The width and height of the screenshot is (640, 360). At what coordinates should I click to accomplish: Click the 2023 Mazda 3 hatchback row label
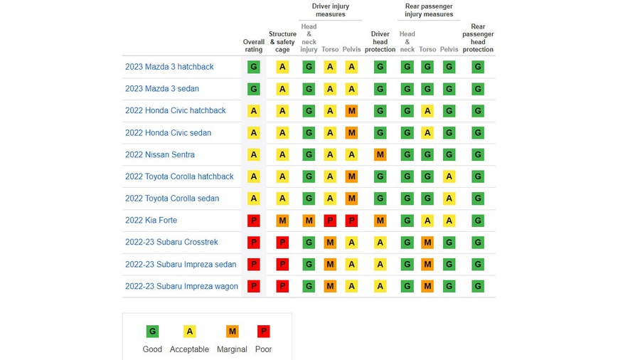pos(169,67)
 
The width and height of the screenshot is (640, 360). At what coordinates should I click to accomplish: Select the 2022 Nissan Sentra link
pos(160,154)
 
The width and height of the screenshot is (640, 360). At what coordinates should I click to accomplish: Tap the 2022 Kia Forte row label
pos(151,221)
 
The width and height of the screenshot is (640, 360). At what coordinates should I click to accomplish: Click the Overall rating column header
pos(254,46)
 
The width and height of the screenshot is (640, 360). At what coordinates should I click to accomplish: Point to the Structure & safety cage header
pos(282,42)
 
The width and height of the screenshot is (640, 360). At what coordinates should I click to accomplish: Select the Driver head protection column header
pos(380,42)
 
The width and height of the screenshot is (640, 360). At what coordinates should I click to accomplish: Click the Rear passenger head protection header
pos(478,38)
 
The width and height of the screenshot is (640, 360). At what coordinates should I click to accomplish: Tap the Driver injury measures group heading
pos(331,10)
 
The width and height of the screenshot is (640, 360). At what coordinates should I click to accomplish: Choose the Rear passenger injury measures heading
pos(429,10)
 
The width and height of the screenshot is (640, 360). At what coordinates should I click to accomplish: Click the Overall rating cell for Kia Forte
pos(254,221)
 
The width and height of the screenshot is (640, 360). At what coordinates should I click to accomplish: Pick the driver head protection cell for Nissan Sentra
pos(380,154)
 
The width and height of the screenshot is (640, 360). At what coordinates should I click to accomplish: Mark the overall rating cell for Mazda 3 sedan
pos(254,89)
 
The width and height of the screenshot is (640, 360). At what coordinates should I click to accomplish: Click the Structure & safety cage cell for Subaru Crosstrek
pos(282,243)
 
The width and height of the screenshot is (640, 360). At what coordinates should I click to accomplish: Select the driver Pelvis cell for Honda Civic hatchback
pos(351,111)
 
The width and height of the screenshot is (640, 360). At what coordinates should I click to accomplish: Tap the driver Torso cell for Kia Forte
pos(330,221)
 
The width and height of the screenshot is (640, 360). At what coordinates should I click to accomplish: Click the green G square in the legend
pos(152,332)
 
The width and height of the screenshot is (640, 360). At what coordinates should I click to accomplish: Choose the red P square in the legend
pos(263,332)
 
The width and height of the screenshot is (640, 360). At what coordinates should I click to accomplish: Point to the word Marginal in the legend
pos(232,349)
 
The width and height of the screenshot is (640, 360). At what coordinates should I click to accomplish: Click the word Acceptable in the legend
pos(189,349)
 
